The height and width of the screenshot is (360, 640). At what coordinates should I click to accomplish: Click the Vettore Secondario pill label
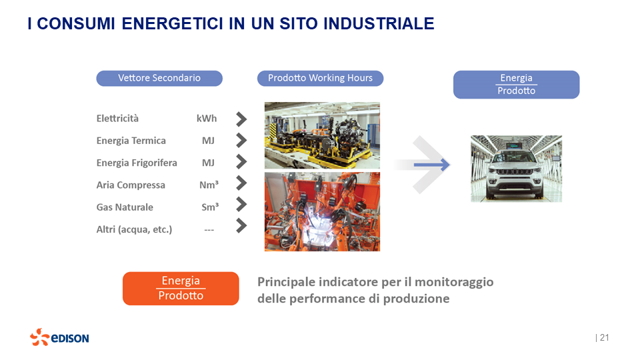(x=159, y=78)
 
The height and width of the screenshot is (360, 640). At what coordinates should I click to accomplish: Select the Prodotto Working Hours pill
(x=320, y=78)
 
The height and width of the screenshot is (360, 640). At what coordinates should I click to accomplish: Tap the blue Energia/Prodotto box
(x=516, y=85)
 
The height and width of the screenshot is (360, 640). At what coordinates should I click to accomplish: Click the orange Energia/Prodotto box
(x=181, y=288)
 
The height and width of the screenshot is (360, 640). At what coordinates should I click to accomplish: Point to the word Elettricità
(x=117, y=119)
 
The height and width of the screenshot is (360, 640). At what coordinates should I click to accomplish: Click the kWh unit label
(x=207, y=119)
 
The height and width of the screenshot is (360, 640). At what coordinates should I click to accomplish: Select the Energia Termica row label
(x=131, y=141)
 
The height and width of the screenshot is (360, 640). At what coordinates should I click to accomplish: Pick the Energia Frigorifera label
(x=137, y=163)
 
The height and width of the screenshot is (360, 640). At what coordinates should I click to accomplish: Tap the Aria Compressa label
(x=131, y=185)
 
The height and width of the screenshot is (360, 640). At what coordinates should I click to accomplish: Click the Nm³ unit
(x=209, y=185)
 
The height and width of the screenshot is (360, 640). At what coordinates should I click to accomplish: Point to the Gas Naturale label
(x=125, y=207)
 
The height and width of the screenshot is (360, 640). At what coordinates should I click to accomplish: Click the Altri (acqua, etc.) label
(x=134, y=229)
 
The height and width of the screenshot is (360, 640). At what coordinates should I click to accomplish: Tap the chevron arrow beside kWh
(x=241, y=119)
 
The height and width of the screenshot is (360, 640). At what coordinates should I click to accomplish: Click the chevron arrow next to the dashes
(x=241, y=226)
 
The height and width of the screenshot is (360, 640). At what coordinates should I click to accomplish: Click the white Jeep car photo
(x=516, y=168)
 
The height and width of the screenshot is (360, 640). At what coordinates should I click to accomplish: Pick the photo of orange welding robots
(x=322, y=211)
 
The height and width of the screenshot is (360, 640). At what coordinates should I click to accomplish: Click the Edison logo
(x=59, y=337)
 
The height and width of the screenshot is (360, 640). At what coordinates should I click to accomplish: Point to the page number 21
(x=604, y=337)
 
